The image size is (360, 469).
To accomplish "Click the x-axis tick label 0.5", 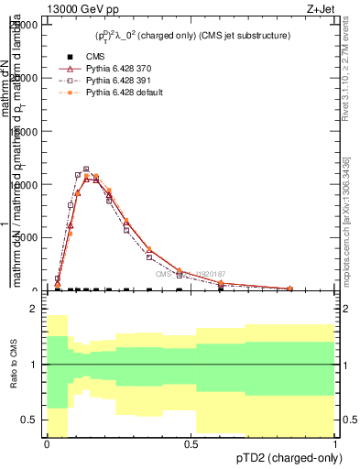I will coord(191,445).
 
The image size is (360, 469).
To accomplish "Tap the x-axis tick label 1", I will coord(335,445).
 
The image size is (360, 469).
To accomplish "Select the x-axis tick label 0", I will coord(47,445).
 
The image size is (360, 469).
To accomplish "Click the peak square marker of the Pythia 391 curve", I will coord(86,169).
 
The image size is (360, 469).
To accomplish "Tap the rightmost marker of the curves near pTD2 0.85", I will coord(290,289).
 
